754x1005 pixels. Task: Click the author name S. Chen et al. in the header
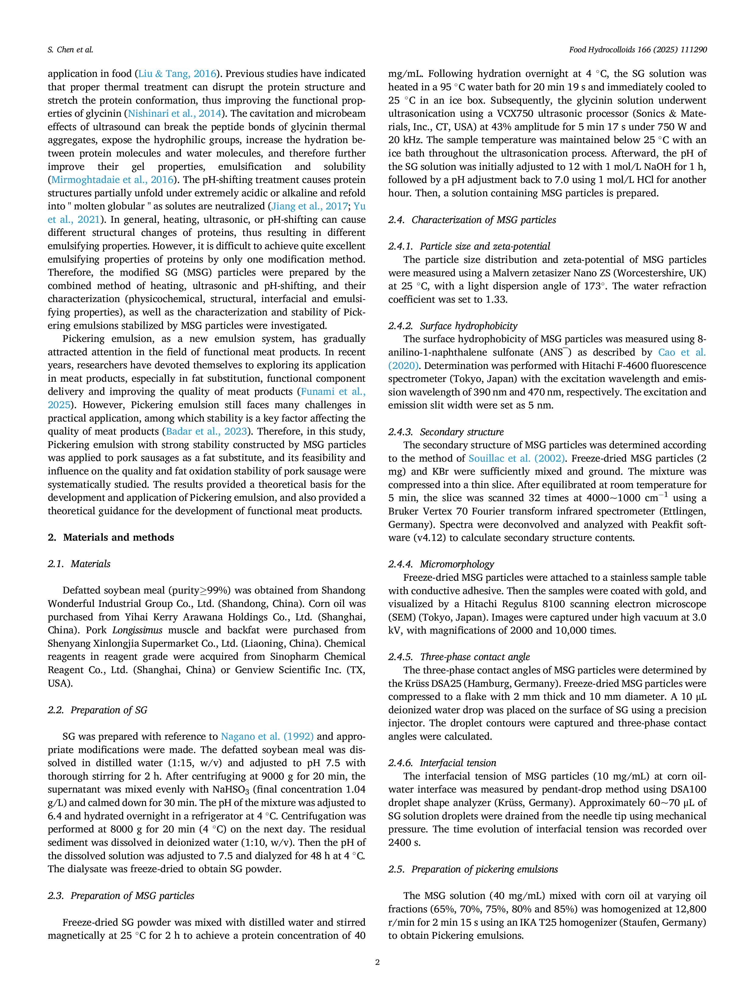click(x=71, y=50)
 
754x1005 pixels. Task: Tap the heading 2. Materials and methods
click(x=111, y=537)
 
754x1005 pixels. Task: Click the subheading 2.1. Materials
click(x=79, y=564)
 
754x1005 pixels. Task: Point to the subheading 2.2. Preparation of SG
click(x=98, y=710)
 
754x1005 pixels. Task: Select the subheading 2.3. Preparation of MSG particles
click(x=121, y=896)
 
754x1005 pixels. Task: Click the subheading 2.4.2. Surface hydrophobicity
click(x=453, y=326)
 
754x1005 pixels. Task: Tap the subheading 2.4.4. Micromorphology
click(x=441, y=564)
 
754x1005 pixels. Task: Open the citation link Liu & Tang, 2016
click(x=177, y=74)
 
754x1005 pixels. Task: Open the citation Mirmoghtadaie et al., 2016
click(x=112, y=180)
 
